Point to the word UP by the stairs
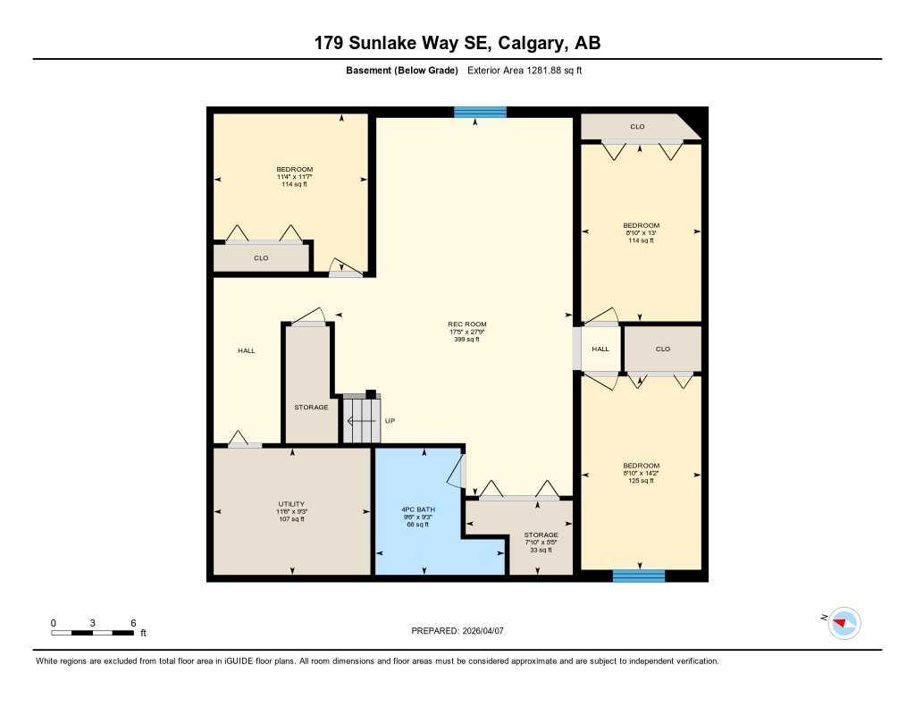tap(390, 421)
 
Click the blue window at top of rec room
tap(480, 112)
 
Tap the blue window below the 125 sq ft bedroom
tap(638, 576)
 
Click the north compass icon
tap(844, 622)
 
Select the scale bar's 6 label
tap(132, 622)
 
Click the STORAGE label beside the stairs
tap(311, 408)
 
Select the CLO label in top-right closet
tap(637, 127)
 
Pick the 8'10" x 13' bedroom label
tap(641, 232)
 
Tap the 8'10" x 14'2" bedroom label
tap(641, 473)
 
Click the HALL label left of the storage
tap(247, 350)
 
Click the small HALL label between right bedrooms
tap(600, 349)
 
